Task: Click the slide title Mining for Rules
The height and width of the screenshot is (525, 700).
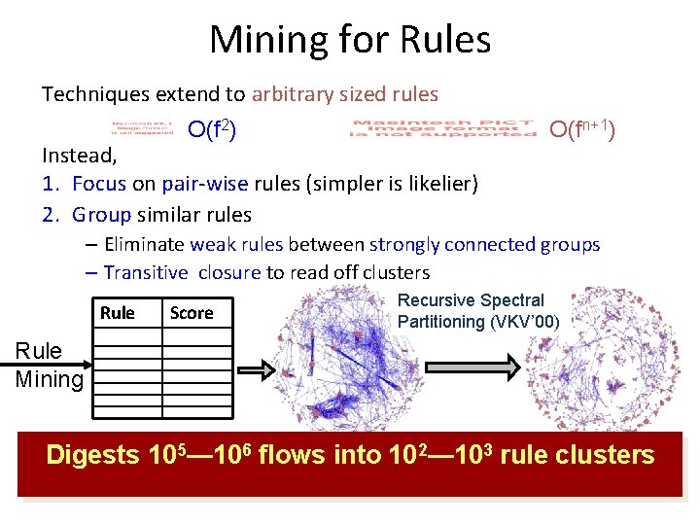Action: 349,40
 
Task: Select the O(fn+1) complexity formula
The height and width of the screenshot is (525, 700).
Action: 581,129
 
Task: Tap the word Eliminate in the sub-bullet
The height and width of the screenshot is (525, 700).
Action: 145,245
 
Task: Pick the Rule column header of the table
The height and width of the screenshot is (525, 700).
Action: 118,313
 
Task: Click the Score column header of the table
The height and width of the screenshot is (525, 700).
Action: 192,313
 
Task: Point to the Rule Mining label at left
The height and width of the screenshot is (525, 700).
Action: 49,366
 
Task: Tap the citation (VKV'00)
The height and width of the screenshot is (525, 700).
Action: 525,322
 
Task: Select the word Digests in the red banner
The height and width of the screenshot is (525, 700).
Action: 92,455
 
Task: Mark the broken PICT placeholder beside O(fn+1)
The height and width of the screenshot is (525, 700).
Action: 443,129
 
